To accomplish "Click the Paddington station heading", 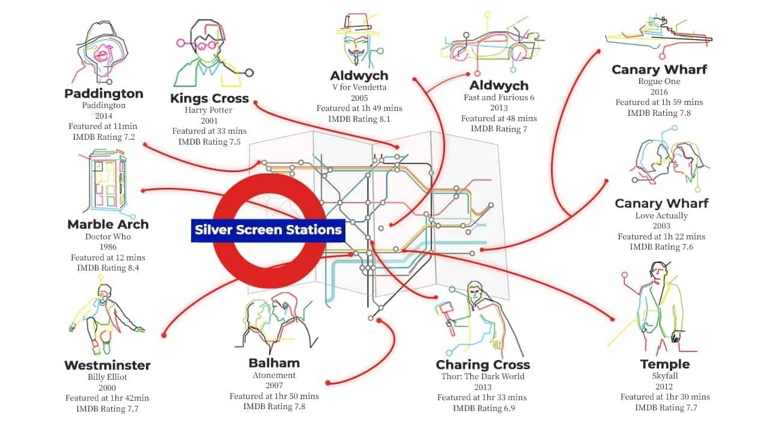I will coord(104,94).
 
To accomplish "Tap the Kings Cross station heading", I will coord(209,98).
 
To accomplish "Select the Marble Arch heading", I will coord(108,224).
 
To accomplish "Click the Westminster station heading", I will coord(108,365).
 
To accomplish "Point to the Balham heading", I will coord(274,363).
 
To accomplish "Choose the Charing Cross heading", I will coord(483,365).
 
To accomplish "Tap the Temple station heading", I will coord(665,364).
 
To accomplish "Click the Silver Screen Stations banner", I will coord(268,230).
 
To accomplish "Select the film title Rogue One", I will coord(659,82).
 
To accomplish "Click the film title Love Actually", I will coord(661,215).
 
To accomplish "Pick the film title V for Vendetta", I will coord(359,87).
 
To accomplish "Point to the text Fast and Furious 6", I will coord(499,97).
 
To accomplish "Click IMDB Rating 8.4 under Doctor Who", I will coord(108,268).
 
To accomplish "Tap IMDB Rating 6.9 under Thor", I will coord(483,408).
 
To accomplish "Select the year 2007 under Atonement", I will coord(274,386).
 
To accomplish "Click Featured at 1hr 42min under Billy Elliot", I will coord(108,398).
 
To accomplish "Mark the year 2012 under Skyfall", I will coord(664,386).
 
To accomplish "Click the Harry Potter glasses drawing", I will coord(207,45).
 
